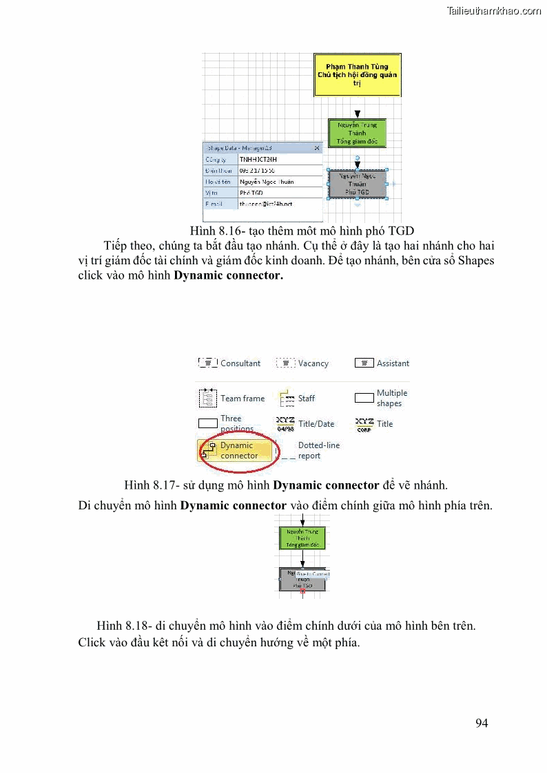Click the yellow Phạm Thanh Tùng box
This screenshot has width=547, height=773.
point(357,74)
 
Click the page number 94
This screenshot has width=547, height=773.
point(482,723)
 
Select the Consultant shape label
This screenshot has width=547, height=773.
point(240,363)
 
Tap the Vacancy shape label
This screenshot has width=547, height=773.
point(313,363)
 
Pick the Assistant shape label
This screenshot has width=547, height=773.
point(393,363)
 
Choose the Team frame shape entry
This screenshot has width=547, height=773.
point(242,399)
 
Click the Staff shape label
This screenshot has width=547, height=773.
point(307,399)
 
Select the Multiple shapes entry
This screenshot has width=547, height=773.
point(391,399)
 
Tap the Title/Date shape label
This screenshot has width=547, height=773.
point(316,424)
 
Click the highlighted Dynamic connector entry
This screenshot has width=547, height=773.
point(238,451)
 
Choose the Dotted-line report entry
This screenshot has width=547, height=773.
point(318,451)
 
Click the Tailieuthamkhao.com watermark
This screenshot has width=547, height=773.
point(494,10)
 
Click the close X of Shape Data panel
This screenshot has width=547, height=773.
point(317,148)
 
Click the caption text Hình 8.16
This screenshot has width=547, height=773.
point(302,231)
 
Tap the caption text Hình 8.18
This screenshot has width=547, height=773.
point(286,626)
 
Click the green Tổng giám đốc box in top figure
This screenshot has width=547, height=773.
point(357,133)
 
